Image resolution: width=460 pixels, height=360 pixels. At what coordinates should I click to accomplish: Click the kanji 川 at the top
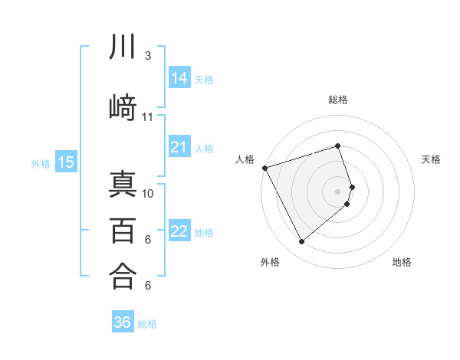point(123,47)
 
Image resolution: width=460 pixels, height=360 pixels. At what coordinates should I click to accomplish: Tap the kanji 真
point(123,185)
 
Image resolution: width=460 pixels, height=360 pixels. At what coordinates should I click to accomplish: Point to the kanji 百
point(123,231)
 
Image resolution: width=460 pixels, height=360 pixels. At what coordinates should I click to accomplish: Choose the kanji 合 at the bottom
point(123,276)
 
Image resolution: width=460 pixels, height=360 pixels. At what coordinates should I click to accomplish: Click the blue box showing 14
point(179,77)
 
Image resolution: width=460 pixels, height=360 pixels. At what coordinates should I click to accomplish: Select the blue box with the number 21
point(179,147)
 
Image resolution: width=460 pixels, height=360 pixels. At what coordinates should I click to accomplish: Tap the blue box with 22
point(179,231)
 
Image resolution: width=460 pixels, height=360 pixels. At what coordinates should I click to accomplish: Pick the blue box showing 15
point(65,162)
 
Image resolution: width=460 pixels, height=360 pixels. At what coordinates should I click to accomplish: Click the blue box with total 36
point(123,322)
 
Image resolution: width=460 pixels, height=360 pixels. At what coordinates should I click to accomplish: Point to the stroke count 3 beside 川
point(147,56)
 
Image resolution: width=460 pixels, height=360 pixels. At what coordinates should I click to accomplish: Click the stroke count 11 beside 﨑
point(147,117)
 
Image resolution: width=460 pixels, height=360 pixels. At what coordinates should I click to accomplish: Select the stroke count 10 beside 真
point(148,193)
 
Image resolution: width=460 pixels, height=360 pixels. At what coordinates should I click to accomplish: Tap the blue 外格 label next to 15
point(41,163)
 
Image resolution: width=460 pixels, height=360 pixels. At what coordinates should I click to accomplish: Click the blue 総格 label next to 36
point(147,324)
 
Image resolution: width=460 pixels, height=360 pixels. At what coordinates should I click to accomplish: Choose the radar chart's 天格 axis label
point(432,159)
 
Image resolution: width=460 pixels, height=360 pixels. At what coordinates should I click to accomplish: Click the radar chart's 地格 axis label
point(402,262)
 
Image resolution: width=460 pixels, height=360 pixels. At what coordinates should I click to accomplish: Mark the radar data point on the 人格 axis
point(264,167)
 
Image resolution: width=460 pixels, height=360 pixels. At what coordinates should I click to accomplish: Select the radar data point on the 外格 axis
point(301,242)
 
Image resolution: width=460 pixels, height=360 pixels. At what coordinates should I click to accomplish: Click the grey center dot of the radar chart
point(338,191)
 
